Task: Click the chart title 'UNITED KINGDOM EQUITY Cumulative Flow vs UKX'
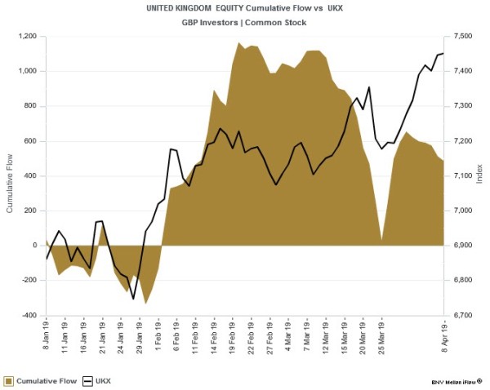click(245, 7)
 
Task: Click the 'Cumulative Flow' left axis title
click(10, 175)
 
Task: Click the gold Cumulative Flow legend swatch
click(8, 380)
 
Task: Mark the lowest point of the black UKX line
click(133, 299)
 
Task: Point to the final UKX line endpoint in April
click(443, 53)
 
